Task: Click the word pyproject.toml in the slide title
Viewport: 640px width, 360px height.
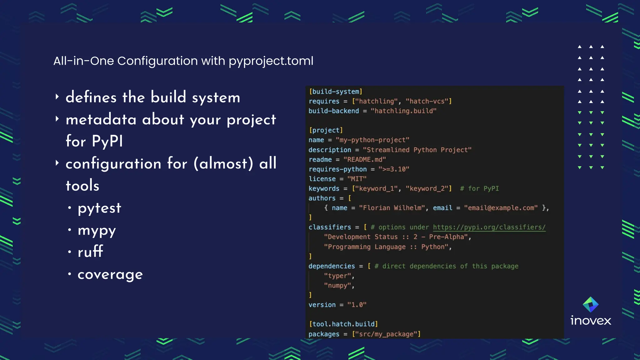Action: [x=271, y=61]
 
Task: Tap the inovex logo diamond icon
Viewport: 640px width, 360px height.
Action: [x=590, y=305]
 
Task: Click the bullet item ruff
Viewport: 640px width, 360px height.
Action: [x=90, y=252]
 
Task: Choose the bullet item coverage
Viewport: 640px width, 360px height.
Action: [x=110, y=275]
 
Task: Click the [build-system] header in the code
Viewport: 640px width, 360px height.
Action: [x=336, y=92]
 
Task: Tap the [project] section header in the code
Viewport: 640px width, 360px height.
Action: [x=326, y=130]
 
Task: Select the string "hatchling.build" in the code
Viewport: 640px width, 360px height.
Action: [x=403, y=111]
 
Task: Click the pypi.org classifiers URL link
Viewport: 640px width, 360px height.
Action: [x=489, y=227]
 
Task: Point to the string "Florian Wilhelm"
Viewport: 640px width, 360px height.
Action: [x=392, y=208]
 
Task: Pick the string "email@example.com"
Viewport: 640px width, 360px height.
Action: [x=501, y=208]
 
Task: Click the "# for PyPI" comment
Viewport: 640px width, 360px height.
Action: [x=479, y=188]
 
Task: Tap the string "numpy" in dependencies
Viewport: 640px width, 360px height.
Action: [x=337, y=286]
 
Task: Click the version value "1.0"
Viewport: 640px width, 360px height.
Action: [x=357, y=305]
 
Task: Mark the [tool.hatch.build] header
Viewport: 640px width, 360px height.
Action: [x=343, y=324]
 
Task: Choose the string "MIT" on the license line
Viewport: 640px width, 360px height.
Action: [x=357, y=179]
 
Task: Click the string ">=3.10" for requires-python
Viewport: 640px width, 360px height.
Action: [x=394, y=169]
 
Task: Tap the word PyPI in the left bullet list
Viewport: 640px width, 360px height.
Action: [x=107, y=141]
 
